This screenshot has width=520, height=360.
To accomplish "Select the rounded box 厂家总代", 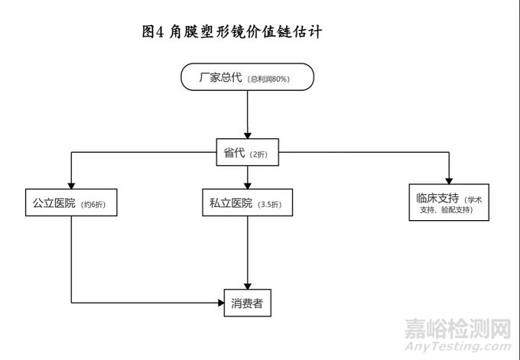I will (x=247, y=78).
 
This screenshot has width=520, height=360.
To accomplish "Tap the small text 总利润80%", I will (x=270, y=79).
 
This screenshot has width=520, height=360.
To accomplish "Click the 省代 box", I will (x=247, y=153).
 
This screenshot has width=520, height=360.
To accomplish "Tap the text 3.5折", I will (x=271, y=204).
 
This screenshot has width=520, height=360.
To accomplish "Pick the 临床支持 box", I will (x=449, y=203).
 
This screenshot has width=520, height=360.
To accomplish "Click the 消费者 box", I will (x=247, y=303).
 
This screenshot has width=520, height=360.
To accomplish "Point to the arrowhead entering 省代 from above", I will (x=247, y=135).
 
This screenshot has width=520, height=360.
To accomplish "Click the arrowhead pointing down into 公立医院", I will (x=71, y=184).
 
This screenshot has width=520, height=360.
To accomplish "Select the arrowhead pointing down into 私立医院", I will (x=247, y=184).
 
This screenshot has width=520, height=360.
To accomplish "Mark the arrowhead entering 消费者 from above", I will (x=247, y=284).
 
